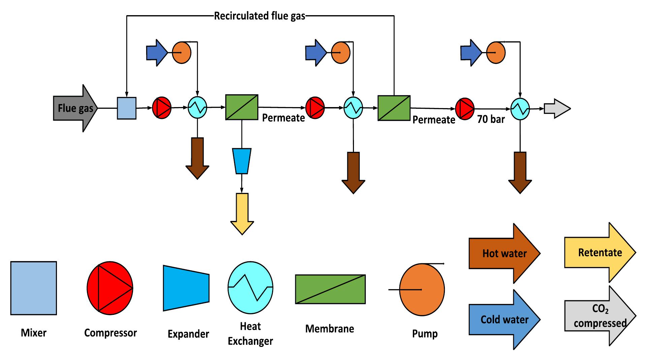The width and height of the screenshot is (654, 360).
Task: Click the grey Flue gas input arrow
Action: [x=75, y=108]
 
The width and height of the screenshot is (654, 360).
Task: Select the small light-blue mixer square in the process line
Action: [x=127, y=108]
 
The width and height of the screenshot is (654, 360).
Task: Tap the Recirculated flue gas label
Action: [x=260, y=16]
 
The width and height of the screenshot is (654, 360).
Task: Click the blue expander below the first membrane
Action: [x=241, y=161]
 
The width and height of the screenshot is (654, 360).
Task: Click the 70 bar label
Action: [x=491, y=119]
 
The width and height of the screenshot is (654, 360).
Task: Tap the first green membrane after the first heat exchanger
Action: [x=241, y=107]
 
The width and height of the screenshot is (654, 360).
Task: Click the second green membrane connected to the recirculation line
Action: [x=394, y=108]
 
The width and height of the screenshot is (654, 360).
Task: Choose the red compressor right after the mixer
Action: [x=162, y=108]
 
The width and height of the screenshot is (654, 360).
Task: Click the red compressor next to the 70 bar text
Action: [x=465, y=108]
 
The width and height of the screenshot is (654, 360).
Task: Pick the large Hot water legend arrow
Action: [x=504, y=253]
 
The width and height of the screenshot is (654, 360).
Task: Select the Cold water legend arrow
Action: [x=504, y=319]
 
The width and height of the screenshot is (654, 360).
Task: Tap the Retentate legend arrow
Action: [x=600, y=253]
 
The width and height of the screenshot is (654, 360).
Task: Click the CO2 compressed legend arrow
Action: [x=600, y=316]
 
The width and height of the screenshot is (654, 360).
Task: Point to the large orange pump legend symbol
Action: [x=422, y=290]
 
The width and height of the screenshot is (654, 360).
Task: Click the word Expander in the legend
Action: [x=188, y=334]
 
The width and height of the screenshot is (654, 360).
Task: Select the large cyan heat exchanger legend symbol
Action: [x=250, y=288]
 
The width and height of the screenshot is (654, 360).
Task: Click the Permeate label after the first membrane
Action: [x=283, y=118]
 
